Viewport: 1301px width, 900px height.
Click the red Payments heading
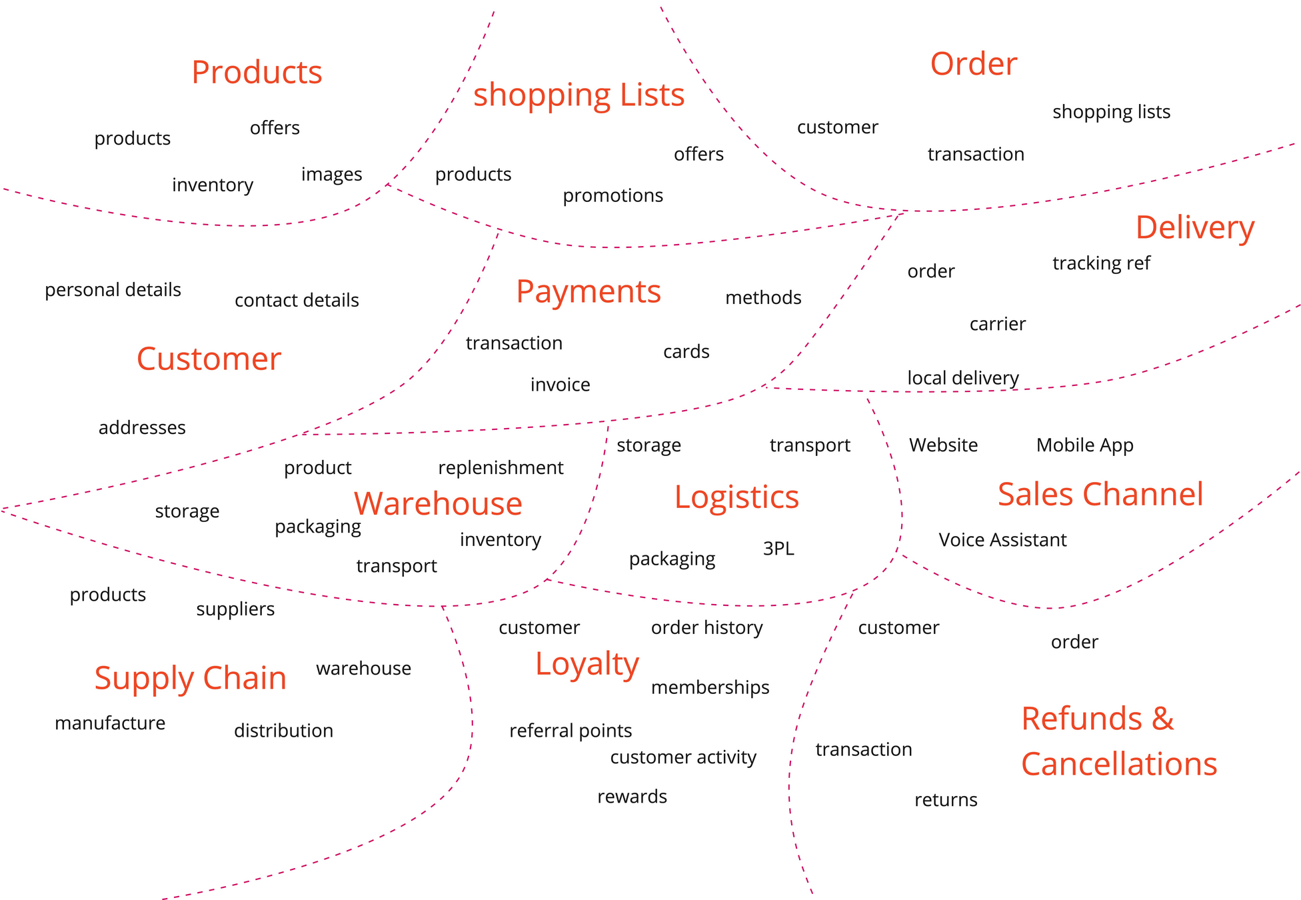click(588, 292)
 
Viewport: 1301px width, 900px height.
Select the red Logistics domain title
click(736, 497)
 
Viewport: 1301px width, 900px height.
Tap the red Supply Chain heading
click(190, 679)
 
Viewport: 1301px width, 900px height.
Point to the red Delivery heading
click(1194, 228)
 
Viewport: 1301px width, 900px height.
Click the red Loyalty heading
click(587, 664)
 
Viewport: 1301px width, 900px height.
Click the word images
click(331, 175)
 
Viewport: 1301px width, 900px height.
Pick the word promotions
click(613, 196)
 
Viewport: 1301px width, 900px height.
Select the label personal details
click(113, 290)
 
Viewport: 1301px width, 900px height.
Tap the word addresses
click(142, 428)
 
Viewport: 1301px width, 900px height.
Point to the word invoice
click(560, 385)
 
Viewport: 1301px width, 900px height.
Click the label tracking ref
click(1101, 263)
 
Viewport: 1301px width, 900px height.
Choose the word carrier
click(997, 324)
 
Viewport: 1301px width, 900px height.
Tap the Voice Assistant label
click(1002, 540)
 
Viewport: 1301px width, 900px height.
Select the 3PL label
click(778, 549)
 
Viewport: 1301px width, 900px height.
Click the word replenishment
click(501, 468)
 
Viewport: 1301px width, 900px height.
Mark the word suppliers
click(235, 609)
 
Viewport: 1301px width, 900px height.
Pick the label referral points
click(570, 731)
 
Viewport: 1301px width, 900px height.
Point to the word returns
click(945, 800)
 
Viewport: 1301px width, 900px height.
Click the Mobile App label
click(1084, 445)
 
